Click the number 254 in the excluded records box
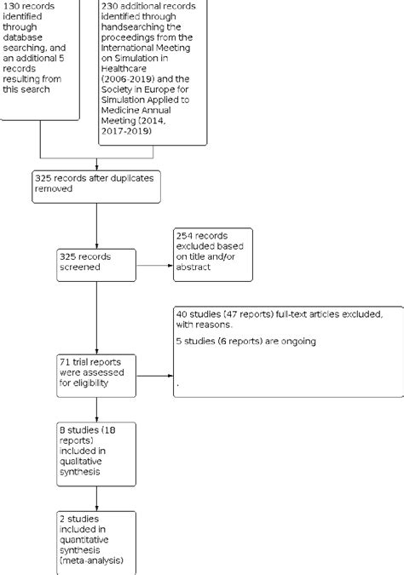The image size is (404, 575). (x=186, y=235)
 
